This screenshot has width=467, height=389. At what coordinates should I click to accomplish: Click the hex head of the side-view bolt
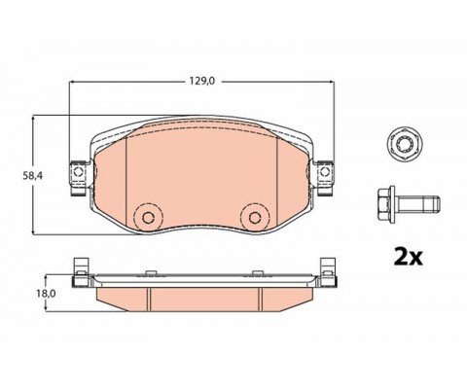(x=381, y=204)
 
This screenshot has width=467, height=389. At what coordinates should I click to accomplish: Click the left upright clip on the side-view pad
(x=81, y=266)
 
